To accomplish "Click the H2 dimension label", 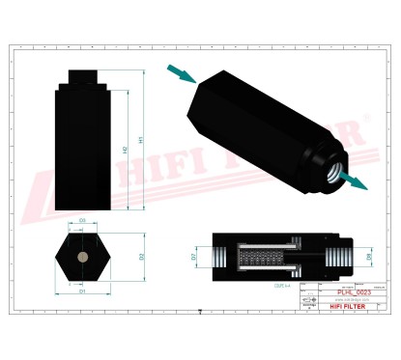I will [127, 150].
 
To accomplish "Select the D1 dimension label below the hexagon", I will [83, 290].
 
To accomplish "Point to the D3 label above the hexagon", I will [83, 221].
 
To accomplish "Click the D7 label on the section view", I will [193, 258].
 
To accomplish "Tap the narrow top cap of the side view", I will [83, 77].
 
